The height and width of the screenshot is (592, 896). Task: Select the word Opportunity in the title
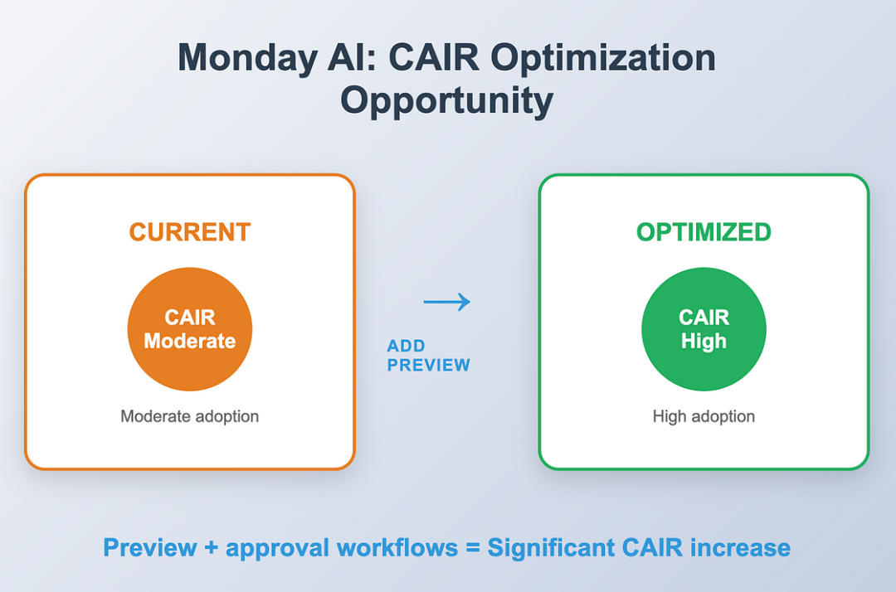click(x=447, y=100)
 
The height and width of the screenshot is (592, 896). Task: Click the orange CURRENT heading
click(x=189, y=232)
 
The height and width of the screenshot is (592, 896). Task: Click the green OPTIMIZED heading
click(x=704, y=232)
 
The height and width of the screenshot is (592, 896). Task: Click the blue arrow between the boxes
click(x=446, y=302)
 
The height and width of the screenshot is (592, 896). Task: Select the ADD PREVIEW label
click(x=428, y=356)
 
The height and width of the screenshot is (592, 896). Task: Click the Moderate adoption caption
click(x=189, y=416)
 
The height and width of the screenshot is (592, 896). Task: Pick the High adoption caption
click(x=704, y=416)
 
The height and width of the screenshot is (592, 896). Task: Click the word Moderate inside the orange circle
click(x=189, y=341)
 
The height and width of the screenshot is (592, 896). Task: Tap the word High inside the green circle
click(x=704, y=341)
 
